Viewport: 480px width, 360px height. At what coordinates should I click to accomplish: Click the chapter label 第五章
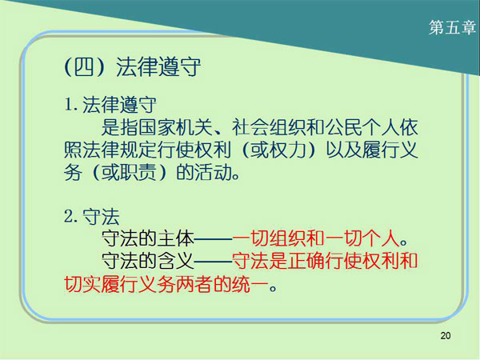pyautogui.click(x=452, y=27)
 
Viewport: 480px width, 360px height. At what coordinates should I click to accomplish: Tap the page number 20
pyautogui.click(x=446, y=336)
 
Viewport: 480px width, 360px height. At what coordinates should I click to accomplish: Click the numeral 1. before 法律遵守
pyautogui.click(x=70, y=105)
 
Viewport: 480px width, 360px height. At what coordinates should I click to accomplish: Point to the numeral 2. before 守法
pyautogui.click(x=70, y=217)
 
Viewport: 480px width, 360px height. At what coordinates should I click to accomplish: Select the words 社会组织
pyautogui.click(x=269, y=127)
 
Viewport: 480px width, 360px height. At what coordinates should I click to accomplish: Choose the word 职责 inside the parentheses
pyautogui.click(x=138, y=172)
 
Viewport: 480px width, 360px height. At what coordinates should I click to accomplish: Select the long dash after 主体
pyautogui.click(x=214, y=238)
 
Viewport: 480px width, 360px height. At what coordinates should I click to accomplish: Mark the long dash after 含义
pyautogui.click(x=214, y=261)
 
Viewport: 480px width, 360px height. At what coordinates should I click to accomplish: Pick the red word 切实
pyautogui.click(x=83, y=284)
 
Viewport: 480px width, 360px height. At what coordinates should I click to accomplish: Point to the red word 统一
pyautogui.click(x=250, y=284)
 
